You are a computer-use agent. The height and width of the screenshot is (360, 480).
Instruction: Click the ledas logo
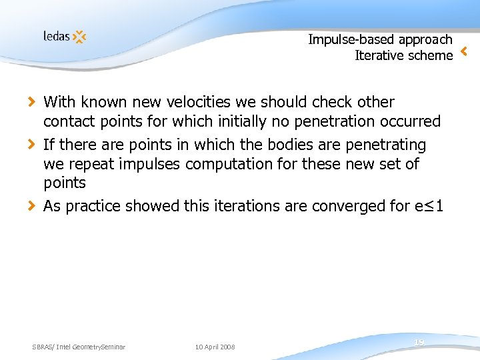click(x=65, y=37)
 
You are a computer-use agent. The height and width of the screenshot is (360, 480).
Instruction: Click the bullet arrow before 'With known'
click(x=31, y=102)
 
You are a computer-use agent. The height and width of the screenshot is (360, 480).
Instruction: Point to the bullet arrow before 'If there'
click(x=31, y=144)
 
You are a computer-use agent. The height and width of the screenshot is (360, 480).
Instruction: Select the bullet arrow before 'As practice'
click(x=31, y=206)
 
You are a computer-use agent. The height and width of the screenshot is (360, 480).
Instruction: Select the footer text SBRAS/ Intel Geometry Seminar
click(x=79, y=347)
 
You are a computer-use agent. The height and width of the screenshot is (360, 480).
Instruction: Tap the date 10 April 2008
click(x=215, y=347)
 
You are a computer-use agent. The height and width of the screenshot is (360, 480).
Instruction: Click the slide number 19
click(x=419, y=342)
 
